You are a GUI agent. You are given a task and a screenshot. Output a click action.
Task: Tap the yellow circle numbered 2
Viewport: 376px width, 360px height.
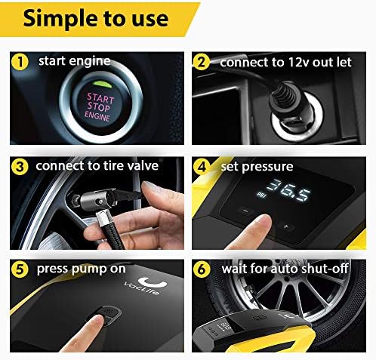[201, 63]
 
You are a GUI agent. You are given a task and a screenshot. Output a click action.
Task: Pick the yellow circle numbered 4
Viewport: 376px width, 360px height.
[201, 166]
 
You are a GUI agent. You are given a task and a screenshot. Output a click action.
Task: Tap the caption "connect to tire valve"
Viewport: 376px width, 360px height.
[97, 165]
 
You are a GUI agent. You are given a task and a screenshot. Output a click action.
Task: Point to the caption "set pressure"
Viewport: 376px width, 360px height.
[257, 165]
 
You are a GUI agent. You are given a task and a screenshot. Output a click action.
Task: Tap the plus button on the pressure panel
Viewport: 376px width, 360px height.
[285, 226]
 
